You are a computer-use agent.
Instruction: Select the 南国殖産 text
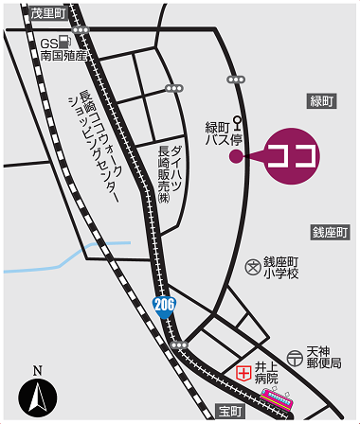(x=63, y=56)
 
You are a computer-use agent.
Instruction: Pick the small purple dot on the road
(x=235, y=157)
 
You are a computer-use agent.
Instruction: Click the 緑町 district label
(x=323, y=101)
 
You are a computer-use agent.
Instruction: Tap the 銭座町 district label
(x=331, y=232)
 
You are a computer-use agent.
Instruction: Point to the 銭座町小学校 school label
(x=280, y=267)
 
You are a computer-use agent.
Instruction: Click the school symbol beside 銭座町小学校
(x=252, y=267)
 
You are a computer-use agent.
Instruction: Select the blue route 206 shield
(x=162, y=304)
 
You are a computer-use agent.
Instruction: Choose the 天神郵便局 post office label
(x=322, y=358)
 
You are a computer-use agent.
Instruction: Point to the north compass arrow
(x=39, y=396)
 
